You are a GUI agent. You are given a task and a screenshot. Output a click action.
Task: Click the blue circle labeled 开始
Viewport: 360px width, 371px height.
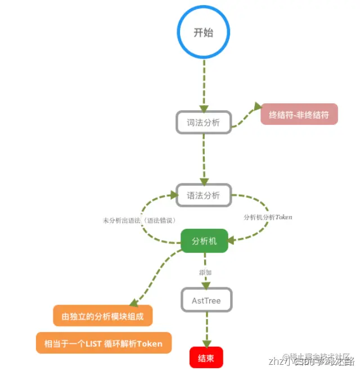pos(204,33)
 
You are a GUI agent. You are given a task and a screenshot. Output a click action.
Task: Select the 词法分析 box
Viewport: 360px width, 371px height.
pos(204,122)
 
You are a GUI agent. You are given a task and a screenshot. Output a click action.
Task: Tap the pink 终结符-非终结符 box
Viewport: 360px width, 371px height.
pos(299,114)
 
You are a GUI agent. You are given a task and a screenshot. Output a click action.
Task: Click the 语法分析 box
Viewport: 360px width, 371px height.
pos(204,196)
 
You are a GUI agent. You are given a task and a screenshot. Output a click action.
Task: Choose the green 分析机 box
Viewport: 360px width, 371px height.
pos(204,241)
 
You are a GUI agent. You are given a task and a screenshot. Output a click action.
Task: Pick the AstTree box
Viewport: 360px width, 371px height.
pos(206,300)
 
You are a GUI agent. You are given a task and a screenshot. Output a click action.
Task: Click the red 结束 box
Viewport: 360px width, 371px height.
pos(206,358)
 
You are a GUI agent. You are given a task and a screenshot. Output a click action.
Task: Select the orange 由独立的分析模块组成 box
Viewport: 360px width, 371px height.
pos(103,316)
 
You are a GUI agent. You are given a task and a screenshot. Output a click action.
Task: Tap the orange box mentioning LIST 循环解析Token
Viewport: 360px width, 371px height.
pos(103,343)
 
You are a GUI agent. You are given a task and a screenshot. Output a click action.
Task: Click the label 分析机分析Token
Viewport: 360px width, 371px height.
pos(268,216)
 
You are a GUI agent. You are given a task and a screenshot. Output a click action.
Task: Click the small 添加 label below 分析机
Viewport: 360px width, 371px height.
pos(205,272)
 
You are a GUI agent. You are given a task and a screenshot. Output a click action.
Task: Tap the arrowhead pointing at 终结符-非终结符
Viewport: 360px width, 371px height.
pos(258,107)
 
